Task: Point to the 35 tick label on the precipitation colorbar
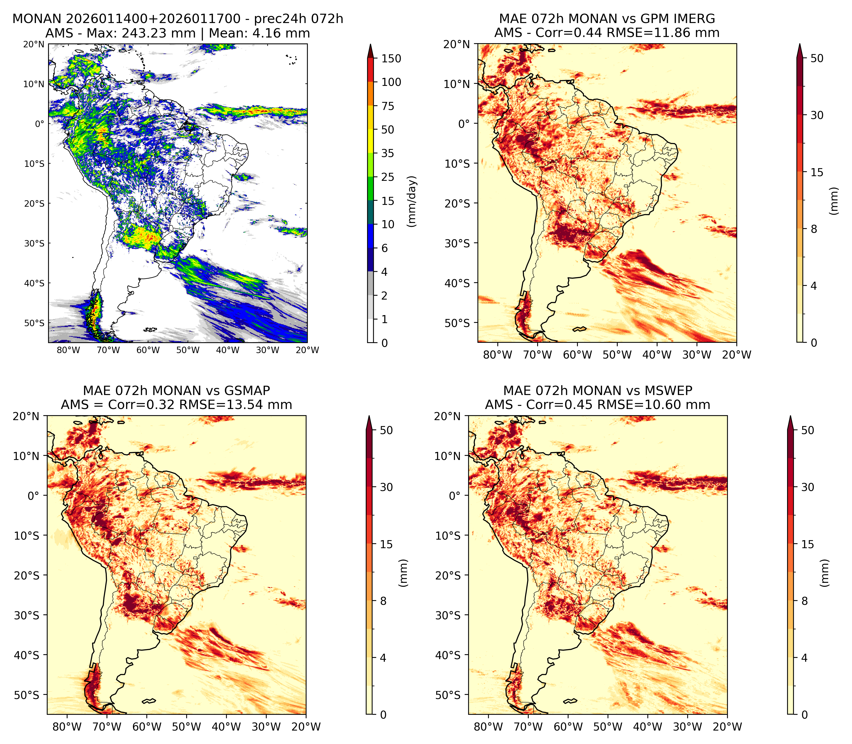click(x=388, y=153)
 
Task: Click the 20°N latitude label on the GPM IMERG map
click(x=457, y=44)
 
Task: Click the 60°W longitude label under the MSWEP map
click(x=568, y=727)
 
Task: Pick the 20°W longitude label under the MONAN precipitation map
click(x=308, y=350)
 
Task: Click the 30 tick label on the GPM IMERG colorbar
click(x=817, y=115)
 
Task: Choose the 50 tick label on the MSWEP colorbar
click(x=807, y=430)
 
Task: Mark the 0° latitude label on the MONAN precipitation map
click(x=39, y=124)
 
